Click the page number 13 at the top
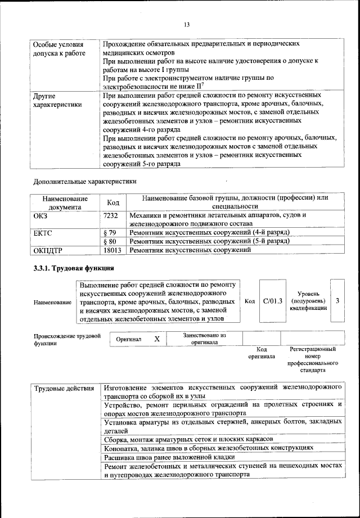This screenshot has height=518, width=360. (x=186, y=24)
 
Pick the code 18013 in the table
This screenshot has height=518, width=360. (x=112, y=250)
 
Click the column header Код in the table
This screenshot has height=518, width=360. (x=112, y=202)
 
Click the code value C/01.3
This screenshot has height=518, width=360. (x=273, y=301)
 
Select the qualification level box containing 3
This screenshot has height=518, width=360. (x=337, y=301)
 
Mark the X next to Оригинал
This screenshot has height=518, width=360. (x=157, y=339)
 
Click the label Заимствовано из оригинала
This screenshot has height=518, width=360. (x=204, y=339)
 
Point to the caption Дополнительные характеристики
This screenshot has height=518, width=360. (x=84, y=182)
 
